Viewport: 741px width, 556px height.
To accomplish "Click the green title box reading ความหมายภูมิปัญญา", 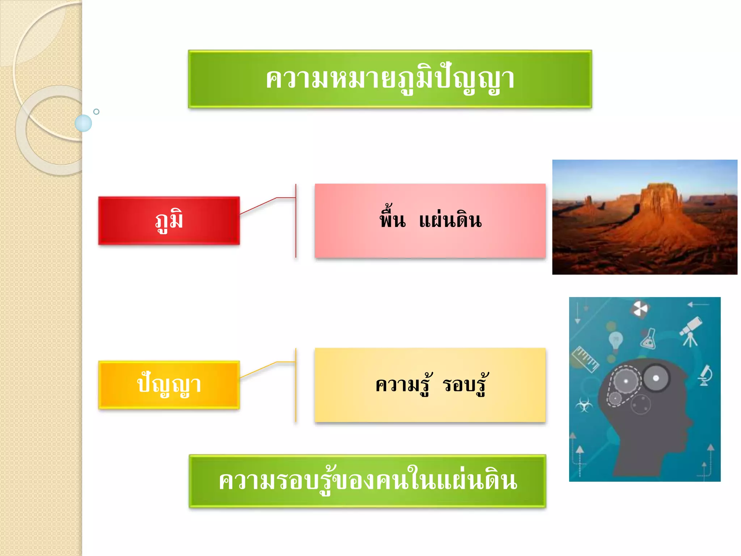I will (390, 79).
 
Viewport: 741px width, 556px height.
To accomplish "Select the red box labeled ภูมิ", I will (169, 220).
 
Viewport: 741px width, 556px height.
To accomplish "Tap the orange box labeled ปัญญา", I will (169, 385).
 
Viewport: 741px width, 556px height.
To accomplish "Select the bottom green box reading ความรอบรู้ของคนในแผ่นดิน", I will (367, 481).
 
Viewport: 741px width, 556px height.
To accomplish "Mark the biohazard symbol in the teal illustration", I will (584, 404).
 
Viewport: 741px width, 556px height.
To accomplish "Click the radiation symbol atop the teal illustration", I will (640, 309).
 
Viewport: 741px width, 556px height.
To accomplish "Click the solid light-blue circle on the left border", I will (83, 123).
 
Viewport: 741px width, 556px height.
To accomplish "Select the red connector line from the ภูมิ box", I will (258, 206).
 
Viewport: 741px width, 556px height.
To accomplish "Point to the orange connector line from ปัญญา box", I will (258, 370).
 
